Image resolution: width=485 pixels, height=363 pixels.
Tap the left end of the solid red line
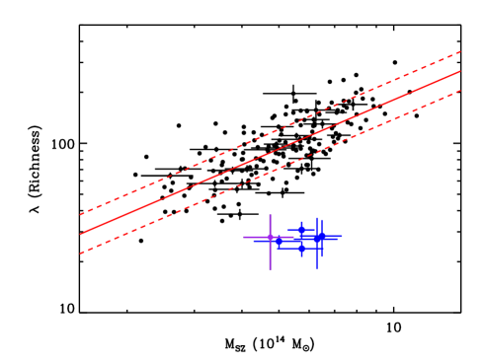coord(81,234)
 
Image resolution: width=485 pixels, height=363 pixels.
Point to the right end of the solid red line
coord(460,71)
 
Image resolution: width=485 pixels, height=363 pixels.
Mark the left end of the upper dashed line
coord(81,214)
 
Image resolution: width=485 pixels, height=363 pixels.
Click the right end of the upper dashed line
coord(460,51)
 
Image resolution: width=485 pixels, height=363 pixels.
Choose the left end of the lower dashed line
coord(81,254)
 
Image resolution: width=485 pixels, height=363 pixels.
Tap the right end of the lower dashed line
coord(460,91)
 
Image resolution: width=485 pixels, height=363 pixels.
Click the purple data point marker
coord(270,238)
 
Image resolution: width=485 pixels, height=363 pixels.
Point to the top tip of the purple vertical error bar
coord(270,215)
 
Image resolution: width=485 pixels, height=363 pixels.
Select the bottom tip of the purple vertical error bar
coord(270,269)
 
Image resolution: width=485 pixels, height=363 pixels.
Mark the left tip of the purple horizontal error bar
coord(244,238)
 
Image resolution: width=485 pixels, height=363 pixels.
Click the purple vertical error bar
coord(270,254)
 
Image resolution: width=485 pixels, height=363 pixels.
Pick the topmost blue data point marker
coord(302,228)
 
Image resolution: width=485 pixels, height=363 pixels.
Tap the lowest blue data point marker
coord(302,249)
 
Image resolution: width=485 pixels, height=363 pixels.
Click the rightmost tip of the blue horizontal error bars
coord(342,237)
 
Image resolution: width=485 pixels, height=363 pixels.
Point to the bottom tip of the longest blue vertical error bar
coord(317,268)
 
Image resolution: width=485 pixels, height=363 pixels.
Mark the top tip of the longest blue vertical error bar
coord(317,218)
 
